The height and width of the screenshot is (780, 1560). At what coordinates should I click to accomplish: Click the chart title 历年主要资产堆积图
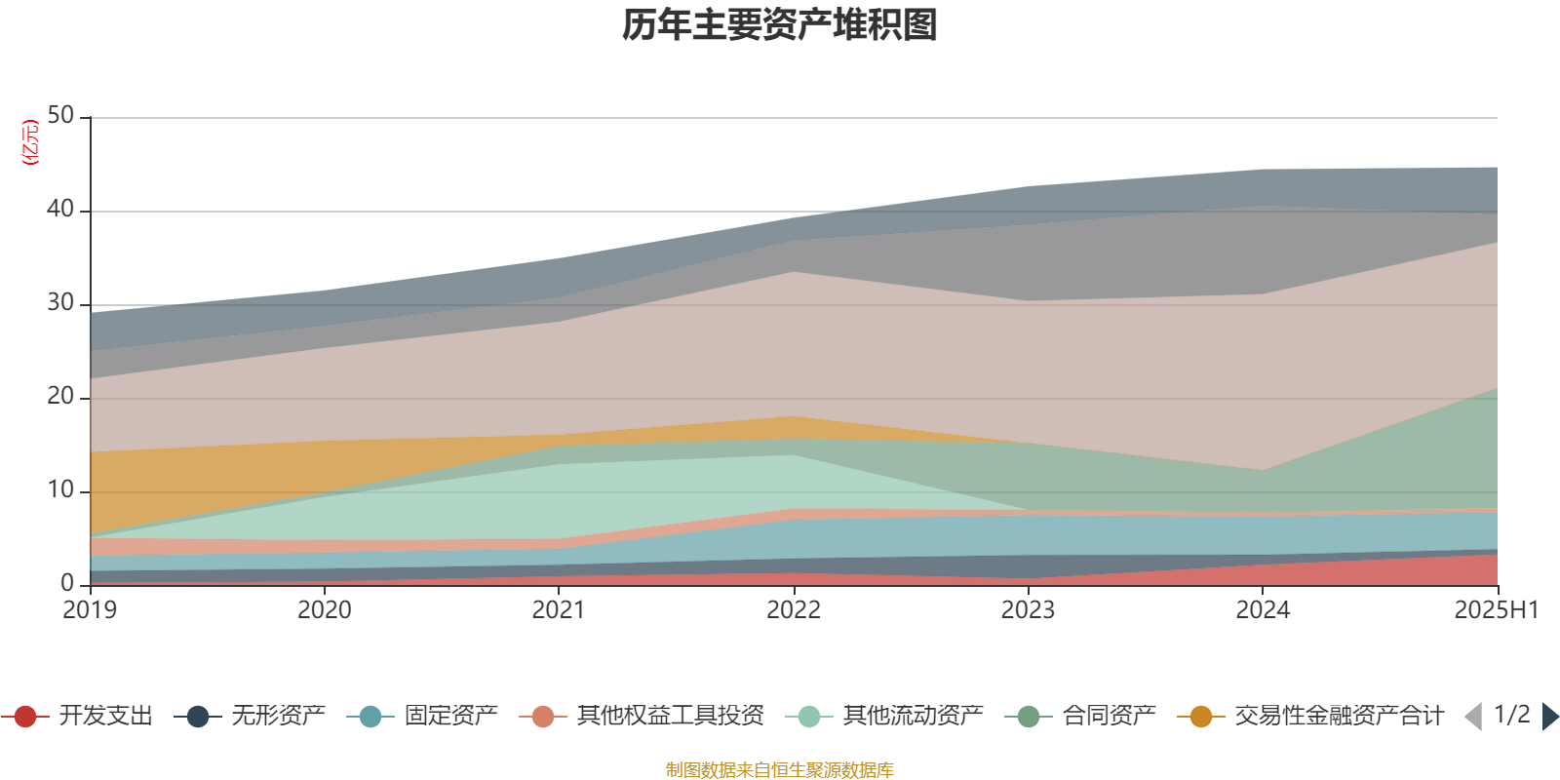click(779, 25)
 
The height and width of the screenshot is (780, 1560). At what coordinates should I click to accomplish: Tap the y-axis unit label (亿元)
click(30, 142)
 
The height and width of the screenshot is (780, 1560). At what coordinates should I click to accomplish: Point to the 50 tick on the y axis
click(60, 116)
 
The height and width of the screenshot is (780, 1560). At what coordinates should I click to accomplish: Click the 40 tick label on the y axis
click(60, 209)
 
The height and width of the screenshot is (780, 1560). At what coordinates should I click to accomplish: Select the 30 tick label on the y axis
click(60, 303)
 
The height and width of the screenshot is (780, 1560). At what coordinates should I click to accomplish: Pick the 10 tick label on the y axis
click(60, 490)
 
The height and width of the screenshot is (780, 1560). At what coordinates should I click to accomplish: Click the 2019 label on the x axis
click(90, 610)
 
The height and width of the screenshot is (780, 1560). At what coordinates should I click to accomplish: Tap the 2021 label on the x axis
click(559, 610)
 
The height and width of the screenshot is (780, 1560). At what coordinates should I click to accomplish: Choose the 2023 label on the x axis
click(1028, 610)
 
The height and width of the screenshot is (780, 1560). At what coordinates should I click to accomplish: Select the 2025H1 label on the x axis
click(1497, 610)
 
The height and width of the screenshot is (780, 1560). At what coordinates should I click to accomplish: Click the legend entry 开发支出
click(77, 716)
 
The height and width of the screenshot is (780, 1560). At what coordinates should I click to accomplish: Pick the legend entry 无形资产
click(250, 716)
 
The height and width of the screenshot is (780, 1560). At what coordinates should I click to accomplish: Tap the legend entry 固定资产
click(422, 716)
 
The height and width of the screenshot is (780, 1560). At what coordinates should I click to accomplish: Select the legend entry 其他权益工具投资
click(642, 716)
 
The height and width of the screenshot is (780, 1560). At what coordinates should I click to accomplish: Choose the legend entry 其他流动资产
click(884, 716)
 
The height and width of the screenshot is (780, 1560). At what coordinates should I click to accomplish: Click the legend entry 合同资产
click(1080, 716)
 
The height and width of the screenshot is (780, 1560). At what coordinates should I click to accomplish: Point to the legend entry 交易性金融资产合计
click(1310, 716)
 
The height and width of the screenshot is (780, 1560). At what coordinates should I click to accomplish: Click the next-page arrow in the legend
click(1550, 717)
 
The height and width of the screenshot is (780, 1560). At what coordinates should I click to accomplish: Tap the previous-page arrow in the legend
click(1473, 717)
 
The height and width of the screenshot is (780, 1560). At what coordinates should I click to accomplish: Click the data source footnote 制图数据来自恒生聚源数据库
click(779, 769)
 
